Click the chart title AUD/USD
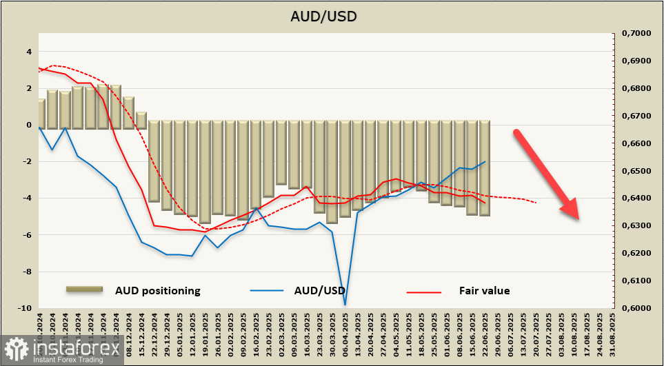tap(332, 16)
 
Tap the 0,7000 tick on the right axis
tap(636, 33)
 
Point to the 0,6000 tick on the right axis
tap(636, 308)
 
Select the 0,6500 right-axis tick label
tap(636, 171)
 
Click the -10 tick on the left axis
tap(25, 308)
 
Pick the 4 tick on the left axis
tap(29, 52)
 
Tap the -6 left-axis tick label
tap(27, 235)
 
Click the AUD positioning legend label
tap(157, 291)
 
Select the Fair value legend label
tap(484, 291)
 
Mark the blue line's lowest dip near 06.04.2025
tap(344, 304)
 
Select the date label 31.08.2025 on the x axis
tap(612, 336)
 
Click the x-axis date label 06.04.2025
tap(345, 336)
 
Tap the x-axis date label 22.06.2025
tap(485, 336)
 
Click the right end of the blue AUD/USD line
tap(485, 162)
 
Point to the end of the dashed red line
tap(536, 203)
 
